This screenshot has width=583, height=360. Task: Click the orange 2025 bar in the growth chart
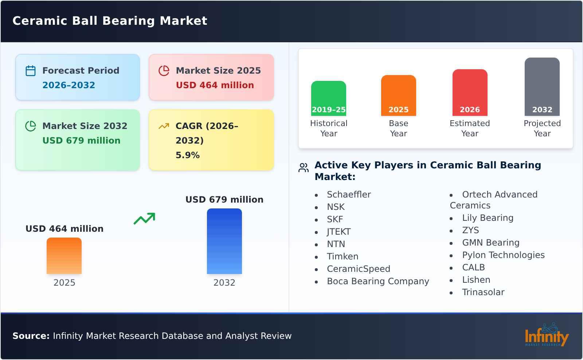coord(64,256)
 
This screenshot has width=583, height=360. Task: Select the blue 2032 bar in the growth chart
coord(224,241)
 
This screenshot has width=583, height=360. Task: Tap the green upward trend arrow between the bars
coord(144,219)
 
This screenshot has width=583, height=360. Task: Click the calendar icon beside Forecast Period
coord(31,71)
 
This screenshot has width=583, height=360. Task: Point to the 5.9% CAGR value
coord(187,155)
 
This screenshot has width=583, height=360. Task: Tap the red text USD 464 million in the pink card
coord(215,85)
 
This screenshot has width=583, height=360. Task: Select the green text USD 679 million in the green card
coord(81,141)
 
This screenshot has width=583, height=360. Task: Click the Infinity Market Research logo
coord(546,335)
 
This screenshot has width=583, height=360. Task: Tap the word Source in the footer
coord(31,336)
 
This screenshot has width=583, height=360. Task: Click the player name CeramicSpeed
coord(358,269)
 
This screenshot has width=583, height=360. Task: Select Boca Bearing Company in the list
coord(377,281)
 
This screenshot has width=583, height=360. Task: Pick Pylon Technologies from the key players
coord(503,255)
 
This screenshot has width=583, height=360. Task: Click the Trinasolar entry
coord(483,292)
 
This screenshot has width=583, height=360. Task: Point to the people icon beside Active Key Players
coord(304,168)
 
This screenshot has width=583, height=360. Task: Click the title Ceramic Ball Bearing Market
coord(110,21)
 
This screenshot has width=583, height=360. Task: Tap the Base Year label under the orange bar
coord(398,128)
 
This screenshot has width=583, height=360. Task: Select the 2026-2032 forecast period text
coord(69,85)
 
